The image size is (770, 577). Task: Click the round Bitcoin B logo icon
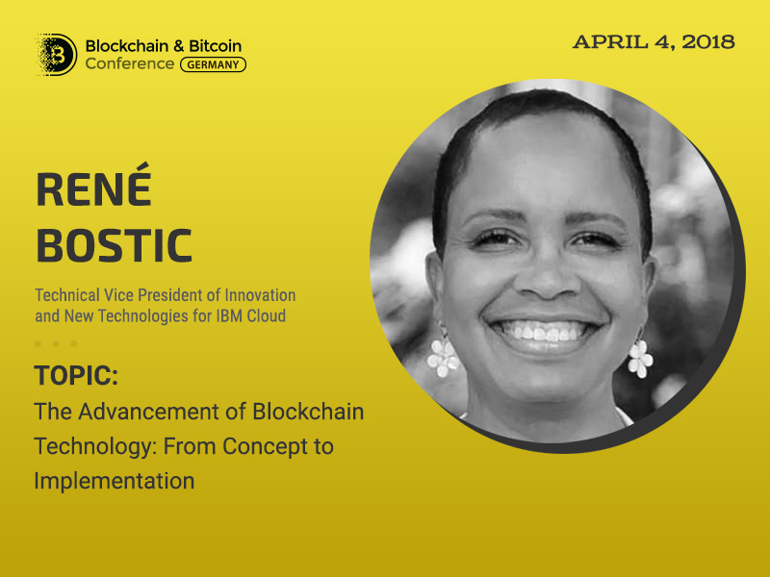point(58,55)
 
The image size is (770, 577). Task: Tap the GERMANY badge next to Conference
point(213,64)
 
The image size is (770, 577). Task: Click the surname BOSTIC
point(114,245)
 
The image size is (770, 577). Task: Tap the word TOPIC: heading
point(76,376)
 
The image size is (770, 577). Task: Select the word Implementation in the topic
point(115,481)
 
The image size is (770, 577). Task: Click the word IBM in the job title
point(229,316)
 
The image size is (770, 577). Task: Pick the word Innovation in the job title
point(260,295)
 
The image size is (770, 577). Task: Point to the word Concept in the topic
point(261,447)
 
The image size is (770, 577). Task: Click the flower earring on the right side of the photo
point(640,358)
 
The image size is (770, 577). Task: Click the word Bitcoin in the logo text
point(215,46)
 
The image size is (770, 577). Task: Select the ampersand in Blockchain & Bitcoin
point(179,46)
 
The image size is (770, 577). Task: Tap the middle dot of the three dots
point(56,344)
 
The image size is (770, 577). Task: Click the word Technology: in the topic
point(95,447)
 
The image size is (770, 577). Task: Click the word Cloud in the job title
point(267,316)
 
